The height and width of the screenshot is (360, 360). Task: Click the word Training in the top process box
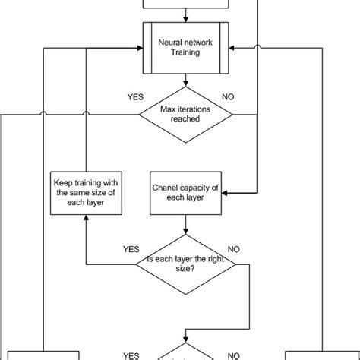click(185, 55)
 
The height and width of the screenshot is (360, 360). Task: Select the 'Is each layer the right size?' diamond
click(185, 266)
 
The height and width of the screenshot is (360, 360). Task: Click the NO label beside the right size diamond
click(233, 248)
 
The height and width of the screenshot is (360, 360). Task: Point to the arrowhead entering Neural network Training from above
click(185, 19)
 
